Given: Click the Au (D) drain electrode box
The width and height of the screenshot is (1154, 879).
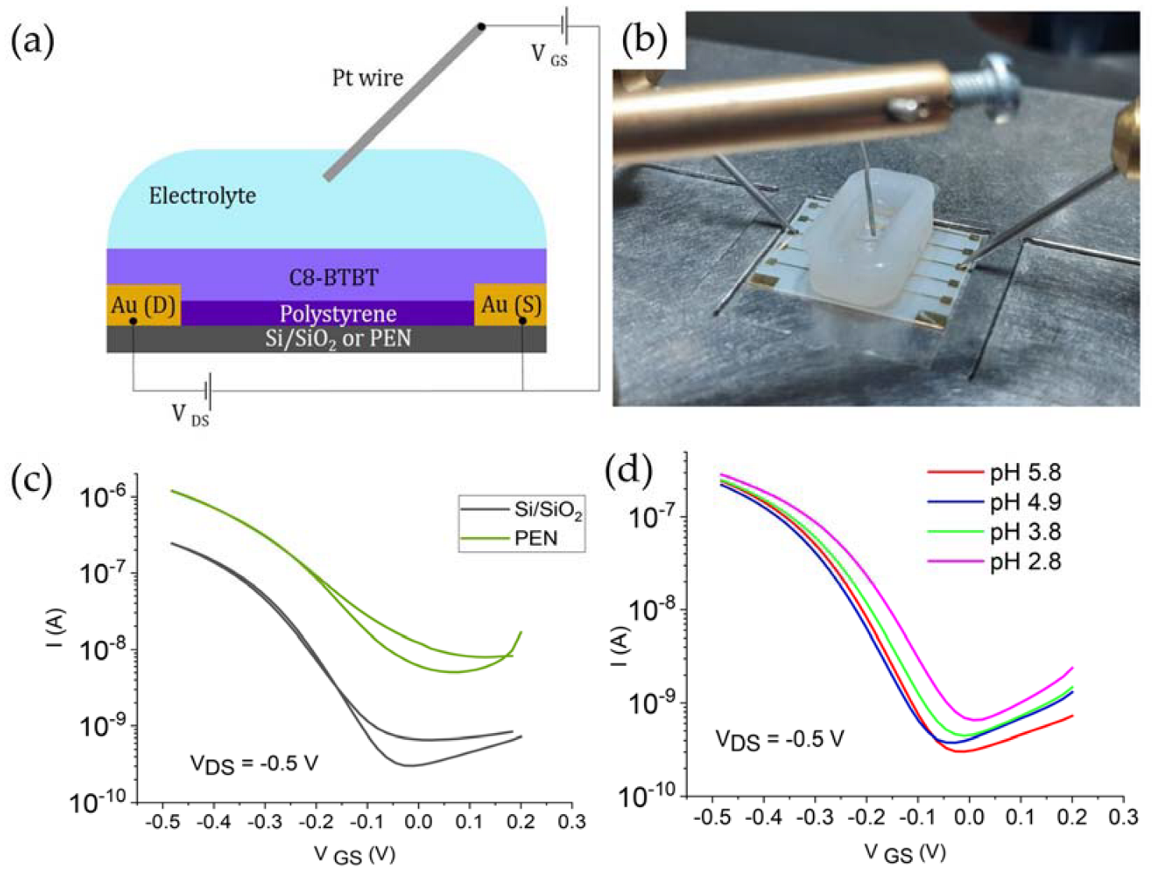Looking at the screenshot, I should [144, 305].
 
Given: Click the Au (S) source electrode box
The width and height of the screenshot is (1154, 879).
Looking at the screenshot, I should [511, 305].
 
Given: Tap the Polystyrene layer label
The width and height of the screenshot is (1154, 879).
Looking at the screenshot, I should [337, 314].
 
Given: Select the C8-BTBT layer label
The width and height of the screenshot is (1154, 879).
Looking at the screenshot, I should [333, 277].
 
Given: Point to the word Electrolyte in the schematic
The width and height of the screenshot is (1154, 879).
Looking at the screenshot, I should [202, 195].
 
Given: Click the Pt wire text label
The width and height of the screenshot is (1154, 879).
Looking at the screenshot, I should [368, 78].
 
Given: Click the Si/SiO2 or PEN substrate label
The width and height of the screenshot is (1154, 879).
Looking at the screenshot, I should [337, 339].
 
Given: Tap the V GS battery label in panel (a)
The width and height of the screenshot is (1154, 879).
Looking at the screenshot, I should [549, 55].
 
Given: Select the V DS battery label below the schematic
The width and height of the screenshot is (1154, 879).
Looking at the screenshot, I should [190, 415].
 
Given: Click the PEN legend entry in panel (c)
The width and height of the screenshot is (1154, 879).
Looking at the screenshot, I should [536, 538].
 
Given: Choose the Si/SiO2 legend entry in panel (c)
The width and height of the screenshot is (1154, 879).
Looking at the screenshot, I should [547, 510].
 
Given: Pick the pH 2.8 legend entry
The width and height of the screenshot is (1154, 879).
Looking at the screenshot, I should [1025, 561].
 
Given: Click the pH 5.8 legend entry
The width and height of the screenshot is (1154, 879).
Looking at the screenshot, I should [1025, 472].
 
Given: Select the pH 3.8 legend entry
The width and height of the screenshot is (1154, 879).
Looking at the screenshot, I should [1025, 532].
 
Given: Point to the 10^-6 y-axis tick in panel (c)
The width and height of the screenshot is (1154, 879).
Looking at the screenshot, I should [102, 496].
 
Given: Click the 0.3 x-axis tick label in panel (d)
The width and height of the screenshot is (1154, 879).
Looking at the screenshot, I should [1123, 817].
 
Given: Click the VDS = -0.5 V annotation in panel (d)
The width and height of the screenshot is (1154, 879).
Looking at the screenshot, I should [779, 739].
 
